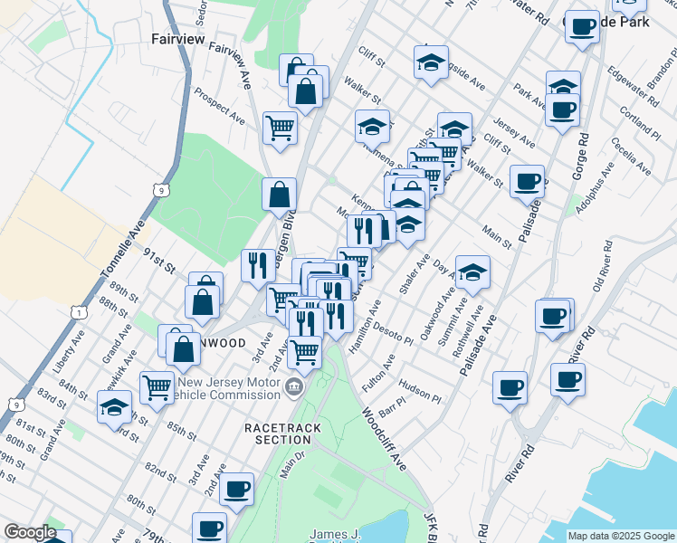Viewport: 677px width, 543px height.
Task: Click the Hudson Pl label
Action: point(419,391)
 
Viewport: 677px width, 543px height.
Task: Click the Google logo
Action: point(30,532)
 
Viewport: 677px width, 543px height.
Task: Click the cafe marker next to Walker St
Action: point(527,181)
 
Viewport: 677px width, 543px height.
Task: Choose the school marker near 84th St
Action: point(115,407)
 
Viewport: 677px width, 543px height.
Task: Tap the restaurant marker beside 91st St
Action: point(258,263)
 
